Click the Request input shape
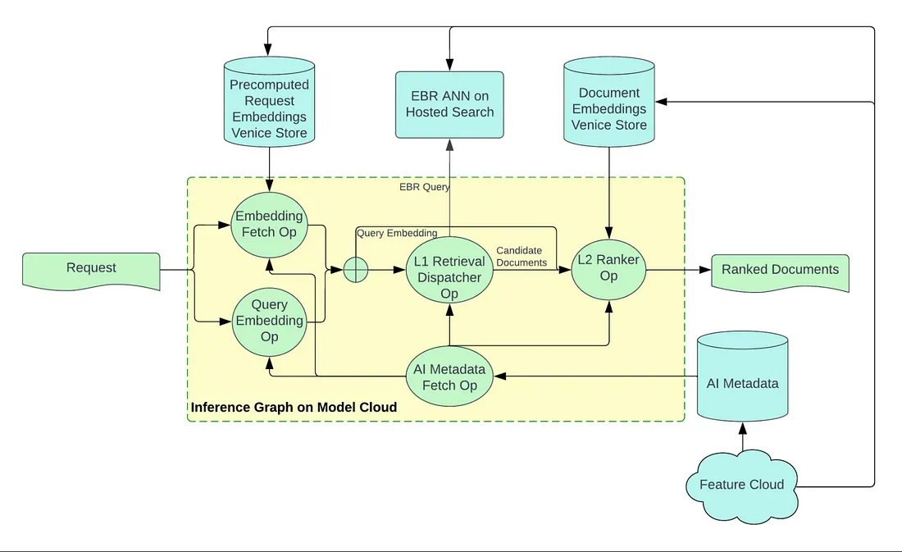(x=91, y=269)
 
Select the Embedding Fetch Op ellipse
(x=269, y=224)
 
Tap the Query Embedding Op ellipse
(x=269, y=320)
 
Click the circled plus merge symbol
(x=355, y=270)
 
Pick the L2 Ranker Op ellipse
(x=608, y=268)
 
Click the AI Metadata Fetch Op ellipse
(x=449, y=377)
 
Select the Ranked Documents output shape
(x=780, y=271)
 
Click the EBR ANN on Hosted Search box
(x=449, y=104)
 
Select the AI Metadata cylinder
(x=742, y=381)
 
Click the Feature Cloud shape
(x=741, y=485)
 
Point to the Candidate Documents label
(x=522, y=257)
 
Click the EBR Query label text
(x=425, y=187)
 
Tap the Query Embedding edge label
(x=397, y=233)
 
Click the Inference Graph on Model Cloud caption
(x=294, y=408)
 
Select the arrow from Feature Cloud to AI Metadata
(x=742, y=440)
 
